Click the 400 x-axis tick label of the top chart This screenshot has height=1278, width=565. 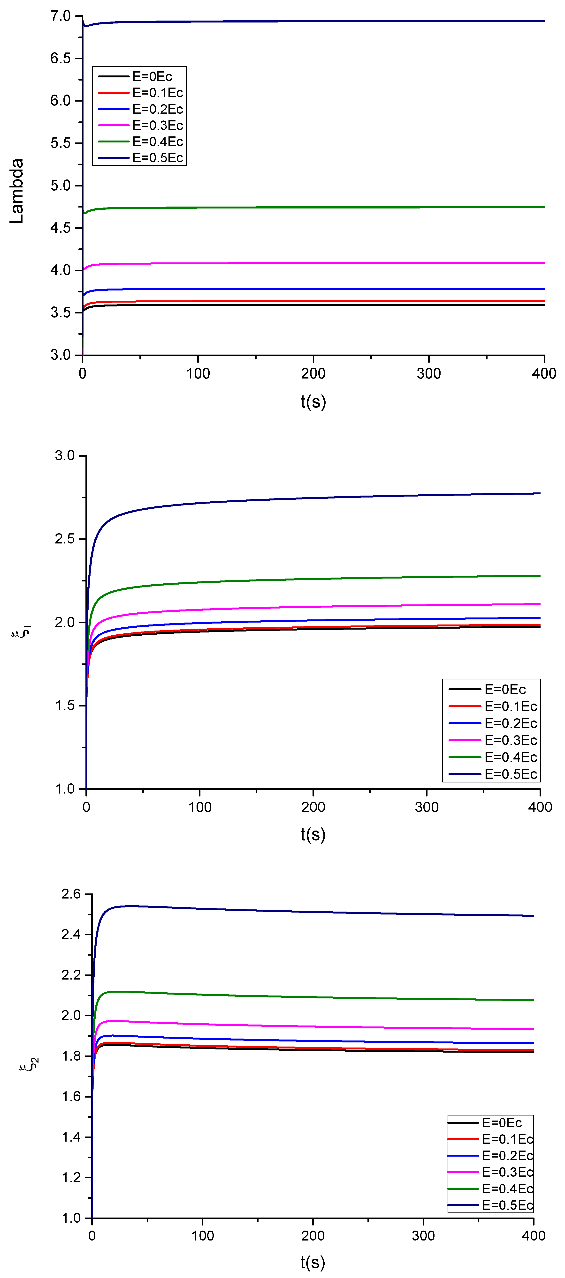(x=544, y=374)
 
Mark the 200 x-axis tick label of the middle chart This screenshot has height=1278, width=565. (x=313, y=807)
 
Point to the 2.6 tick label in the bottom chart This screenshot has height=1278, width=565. (x=70, y=894)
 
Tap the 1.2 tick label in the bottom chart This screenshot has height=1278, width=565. (x=70, y=1177)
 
